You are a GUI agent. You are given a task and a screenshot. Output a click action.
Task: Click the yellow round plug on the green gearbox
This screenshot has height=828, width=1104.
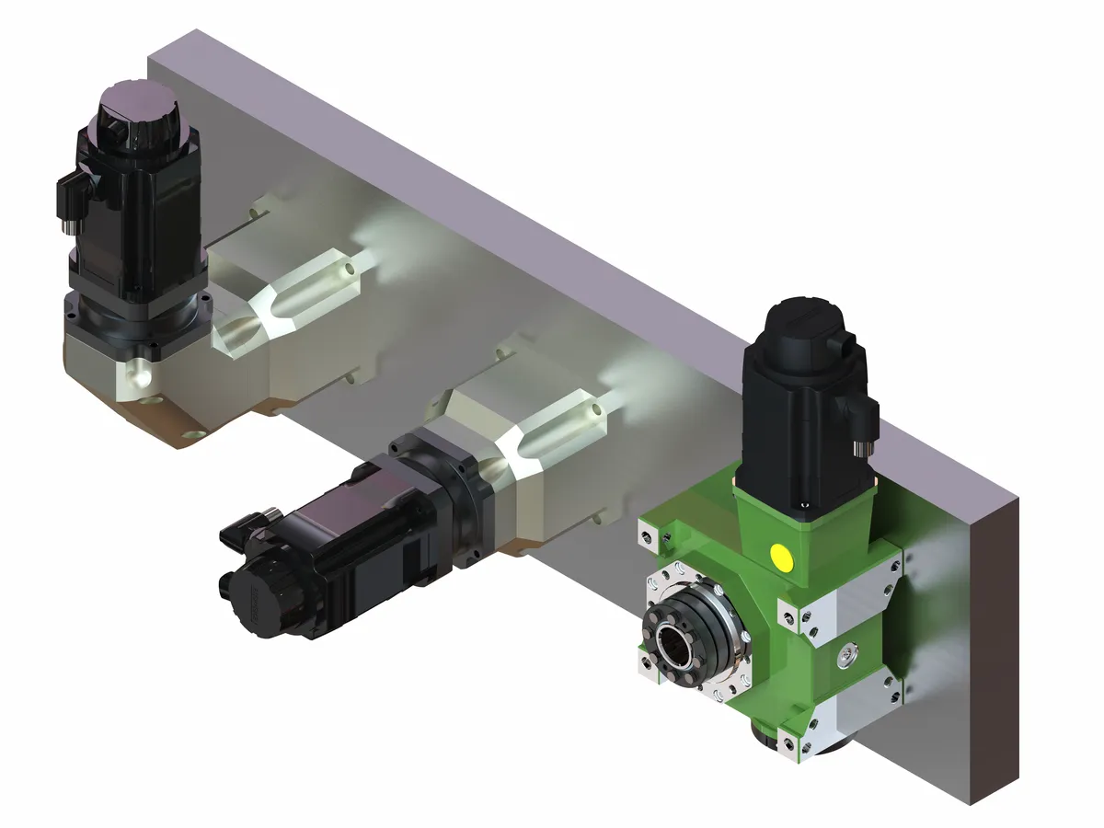pyautogui.click(x=782, y=555)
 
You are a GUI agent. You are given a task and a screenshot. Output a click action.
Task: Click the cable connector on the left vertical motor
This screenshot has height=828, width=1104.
pyautogui.click(x=72, y=199)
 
